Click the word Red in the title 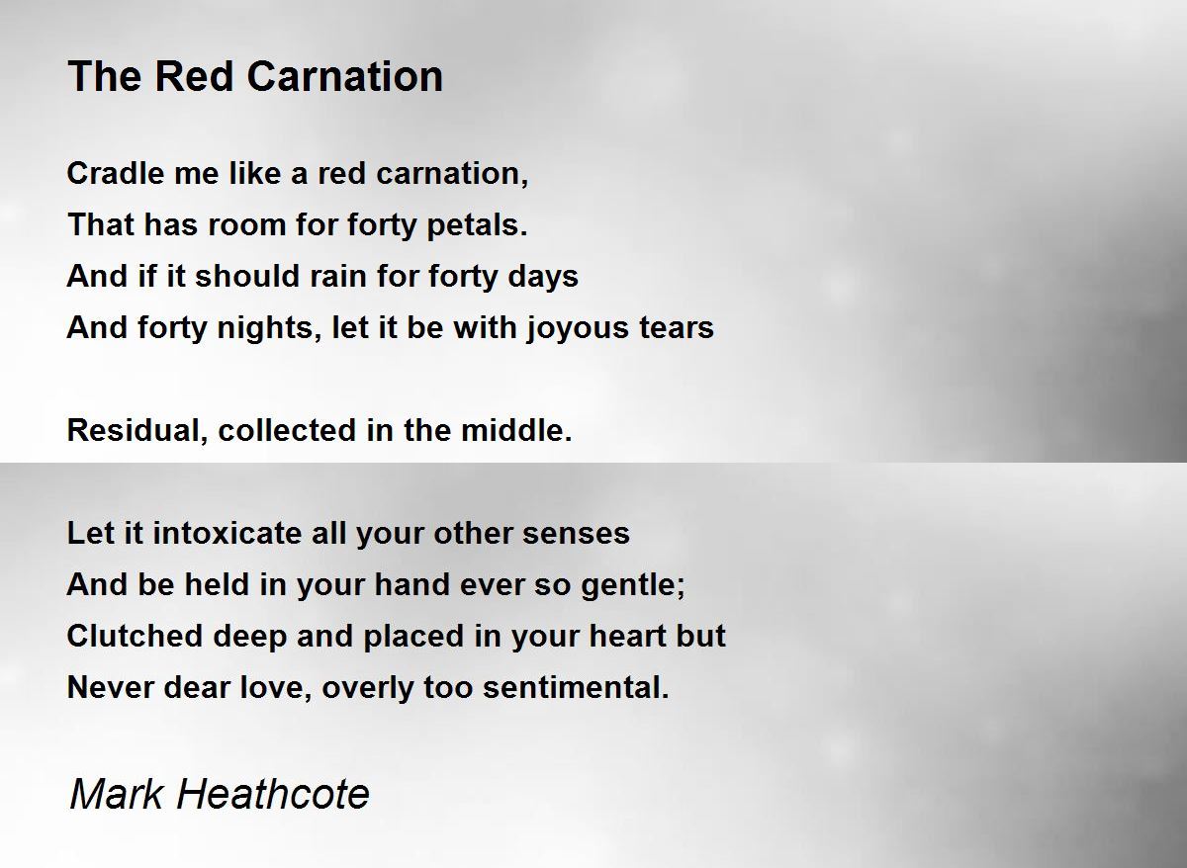(194, 76)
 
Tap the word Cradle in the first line (116, 173)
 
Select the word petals (477, 225)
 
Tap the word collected (287, 430)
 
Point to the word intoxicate (227, 533)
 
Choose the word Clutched (136, 636)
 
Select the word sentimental (577, 687)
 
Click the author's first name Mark (116, 795)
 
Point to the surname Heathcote (273, 795)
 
